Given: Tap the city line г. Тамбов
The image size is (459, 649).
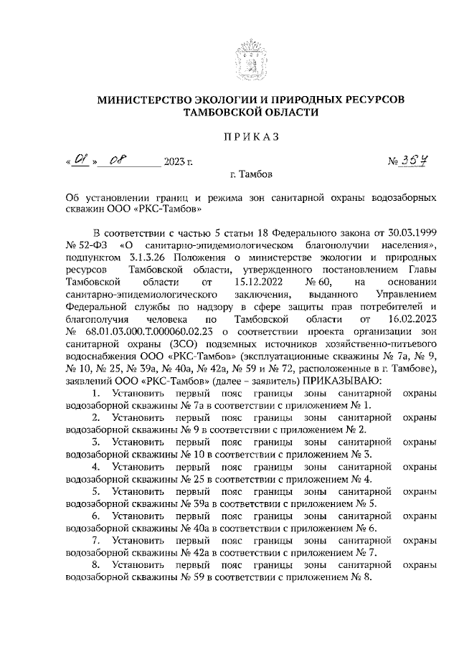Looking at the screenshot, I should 251,174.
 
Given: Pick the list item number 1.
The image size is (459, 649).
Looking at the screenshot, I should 97,392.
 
